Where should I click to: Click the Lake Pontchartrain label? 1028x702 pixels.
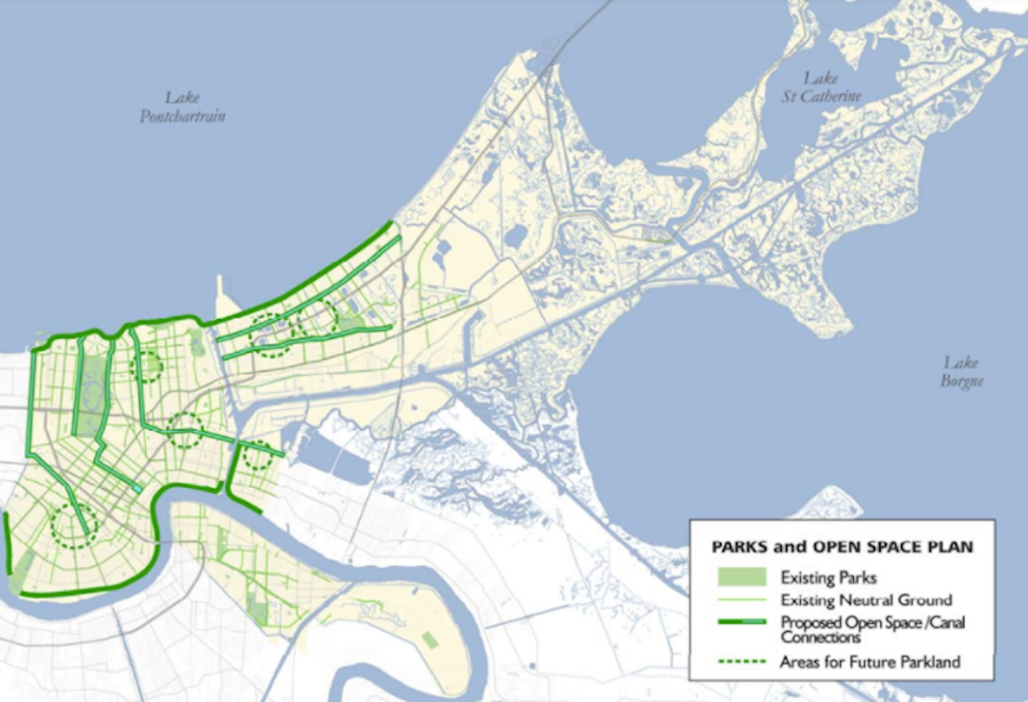182,107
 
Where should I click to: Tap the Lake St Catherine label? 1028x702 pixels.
832,87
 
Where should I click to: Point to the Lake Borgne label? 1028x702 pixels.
961,372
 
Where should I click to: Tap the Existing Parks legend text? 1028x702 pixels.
828,578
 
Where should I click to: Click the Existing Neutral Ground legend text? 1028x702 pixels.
866,600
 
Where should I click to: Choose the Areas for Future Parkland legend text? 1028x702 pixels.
870,662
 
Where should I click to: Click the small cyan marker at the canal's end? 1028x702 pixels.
138,488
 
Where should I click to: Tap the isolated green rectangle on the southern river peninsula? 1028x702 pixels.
430,640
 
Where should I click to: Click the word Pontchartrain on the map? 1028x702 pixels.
182,116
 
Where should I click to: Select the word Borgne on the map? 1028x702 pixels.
961,381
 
